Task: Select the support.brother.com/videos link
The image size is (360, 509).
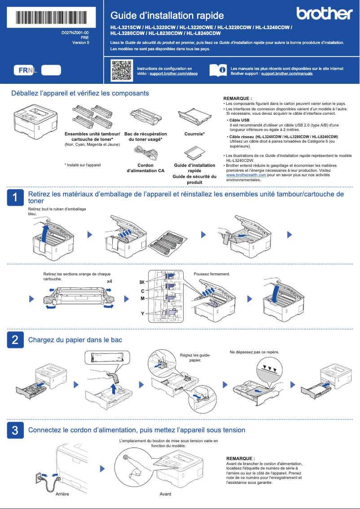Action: coord(173,73)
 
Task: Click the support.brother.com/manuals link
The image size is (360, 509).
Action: coord(286,73)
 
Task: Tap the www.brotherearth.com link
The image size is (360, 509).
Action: coord(246,175)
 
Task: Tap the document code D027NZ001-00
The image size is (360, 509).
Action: coord(75,33)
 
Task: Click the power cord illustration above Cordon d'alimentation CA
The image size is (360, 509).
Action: coord(145,154)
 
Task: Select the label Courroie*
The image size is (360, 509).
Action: coord(194,134)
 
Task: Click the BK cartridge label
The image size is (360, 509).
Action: coord(142,282)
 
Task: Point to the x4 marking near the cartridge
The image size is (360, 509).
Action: coord(109,281)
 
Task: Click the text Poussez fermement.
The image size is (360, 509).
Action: coord(211,274)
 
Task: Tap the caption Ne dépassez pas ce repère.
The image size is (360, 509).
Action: coord(254,352)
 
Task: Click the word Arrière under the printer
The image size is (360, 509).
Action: coord(62,493)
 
